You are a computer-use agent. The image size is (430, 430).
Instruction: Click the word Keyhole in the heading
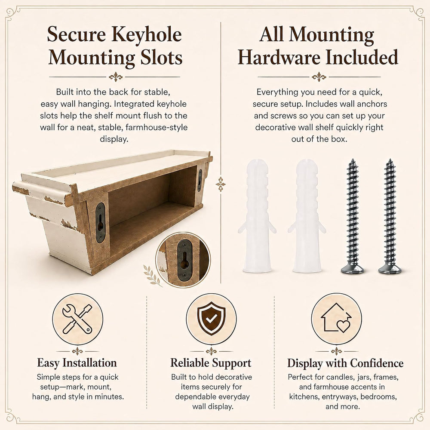[147, 35]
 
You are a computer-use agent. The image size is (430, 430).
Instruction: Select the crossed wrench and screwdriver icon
[77, 319]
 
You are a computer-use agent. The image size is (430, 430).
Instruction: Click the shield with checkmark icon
[211, 319]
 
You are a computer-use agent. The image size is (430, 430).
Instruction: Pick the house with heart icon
[336, 318]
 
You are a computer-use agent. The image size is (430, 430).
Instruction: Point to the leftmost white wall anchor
[257, 216]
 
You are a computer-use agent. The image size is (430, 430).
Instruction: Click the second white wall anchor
[307, 216]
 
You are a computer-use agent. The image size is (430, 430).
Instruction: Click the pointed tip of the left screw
[353, 160]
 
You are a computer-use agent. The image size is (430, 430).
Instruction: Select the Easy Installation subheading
[77, 363]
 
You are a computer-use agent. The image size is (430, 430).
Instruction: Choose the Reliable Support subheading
[211, 363]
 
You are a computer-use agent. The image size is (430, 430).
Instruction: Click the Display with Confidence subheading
[345, 363]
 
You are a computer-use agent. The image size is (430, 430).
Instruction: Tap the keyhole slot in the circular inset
[184, 259]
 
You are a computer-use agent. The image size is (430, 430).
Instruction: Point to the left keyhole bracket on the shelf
[100, 222]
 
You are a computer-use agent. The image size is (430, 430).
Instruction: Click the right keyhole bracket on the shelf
[200, 180]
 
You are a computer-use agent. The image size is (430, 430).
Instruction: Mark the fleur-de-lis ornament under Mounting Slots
[115, 77]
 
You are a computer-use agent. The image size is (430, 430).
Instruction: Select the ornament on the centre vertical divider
[221, 184]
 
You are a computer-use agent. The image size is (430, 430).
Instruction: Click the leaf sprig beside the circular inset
[152, 275]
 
